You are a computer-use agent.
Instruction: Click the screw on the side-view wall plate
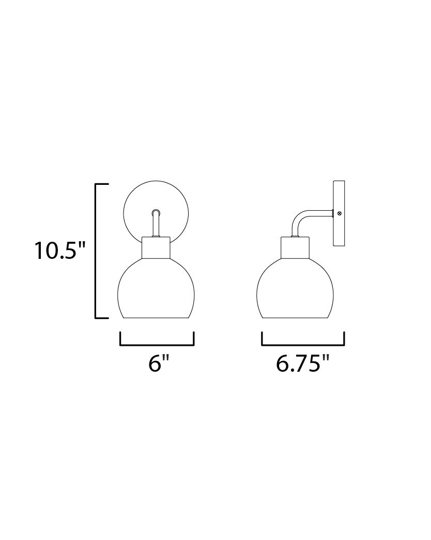tap(340, 213)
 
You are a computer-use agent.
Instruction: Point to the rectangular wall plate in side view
tap(339, 213)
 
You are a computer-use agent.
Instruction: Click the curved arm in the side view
tap(302, 217)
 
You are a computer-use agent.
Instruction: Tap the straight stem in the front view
tap(156, 223)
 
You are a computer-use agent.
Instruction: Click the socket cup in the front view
tap(156, 247)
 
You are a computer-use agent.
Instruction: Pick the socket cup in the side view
tap(295, 247)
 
